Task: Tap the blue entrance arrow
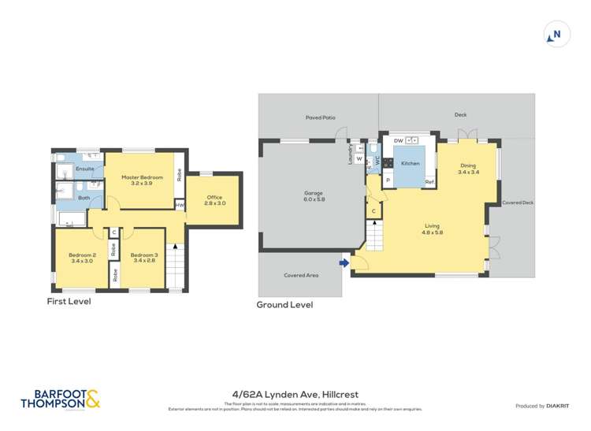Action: [344, 263]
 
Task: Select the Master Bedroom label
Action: [142, 177]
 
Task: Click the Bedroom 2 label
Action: [81, 255]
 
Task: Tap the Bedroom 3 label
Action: [144, 255]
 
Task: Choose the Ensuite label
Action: [85, 169]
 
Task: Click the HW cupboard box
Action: [180, 205]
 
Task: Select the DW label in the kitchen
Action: [399, 140]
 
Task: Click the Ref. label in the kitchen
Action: [429, 182]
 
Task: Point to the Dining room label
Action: [468, 165]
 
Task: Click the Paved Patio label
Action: [321, 117]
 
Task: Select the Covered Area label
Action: [300, 276]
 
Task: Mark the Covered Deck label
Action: [518, 202]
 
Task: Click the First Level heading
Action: [69, 301]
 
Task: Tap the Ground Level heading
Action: [284, 304]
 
